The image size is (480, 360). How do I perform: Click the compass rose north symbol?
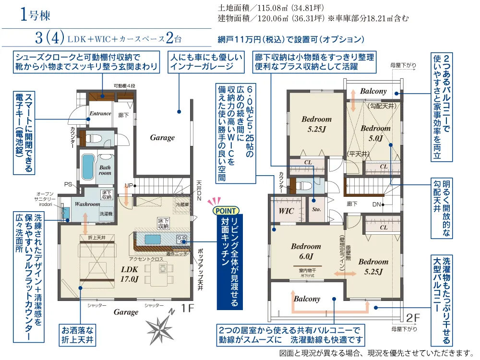(x=161, y=327)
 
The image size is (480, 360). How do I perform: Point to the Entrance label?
(x=100, y=114)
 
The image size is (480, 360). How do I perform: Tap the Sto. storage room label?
(x=316, y=210)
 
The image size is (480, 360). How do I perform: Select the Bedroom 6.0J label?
(x=306, y=251)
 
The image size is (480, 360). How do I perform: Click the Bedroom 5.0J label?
(x=375, y=133)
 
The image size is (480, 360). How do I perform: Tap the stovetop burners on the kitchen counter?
(x=181, y=239)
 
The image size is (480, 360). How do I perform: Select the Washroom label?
(x=87, y=204)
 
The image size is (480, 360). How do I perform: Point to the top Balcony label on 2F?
(x=373, y=91)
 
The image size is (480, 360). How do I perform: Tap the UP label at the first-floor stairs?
(x=128, y=185)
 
